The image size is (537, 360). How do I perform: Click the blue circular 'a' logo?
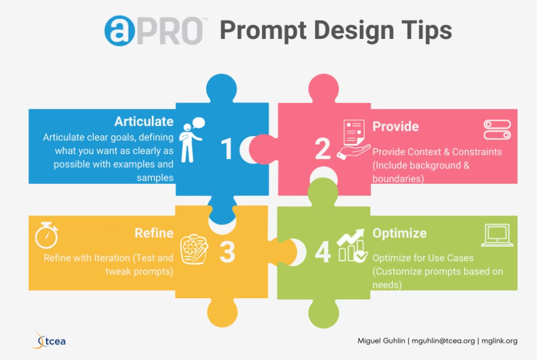click(120, 31)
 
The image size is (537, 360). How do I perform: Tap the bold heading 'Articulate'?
click(144, 122)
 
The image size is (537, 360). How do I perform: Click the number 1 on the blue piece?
click(227, 149)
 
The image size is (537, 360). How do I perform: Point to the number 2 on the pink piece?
click(322, 149)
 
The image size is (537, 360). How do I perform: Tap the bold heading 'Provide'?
click(396, 127)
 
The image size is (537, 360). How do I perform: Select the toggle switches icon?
click(498, 129)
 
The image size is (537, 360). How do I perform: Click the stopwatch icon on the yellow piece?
click(46, 235)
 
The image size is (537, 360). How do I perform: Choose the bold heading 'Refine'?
click(154, 233)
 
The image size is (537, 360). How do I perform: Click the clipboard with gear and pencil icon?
click(194, 249)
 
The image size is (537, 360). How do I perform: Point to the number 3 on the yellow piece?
click(227, 253)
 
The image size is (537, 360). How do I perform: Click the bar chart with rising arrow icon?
click(352, 246)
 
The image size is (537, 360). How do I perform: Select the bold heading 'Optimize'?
click(400, 233)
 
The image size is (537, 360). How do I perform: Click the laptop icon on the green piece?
click(498, 235)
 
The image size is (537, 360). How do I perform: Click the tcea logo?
click(48, 341)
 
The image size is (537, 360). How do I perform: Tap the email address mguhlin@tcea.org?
click(443, 341)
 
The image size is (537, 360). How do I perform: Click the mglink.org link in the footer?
click(499, 341)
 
